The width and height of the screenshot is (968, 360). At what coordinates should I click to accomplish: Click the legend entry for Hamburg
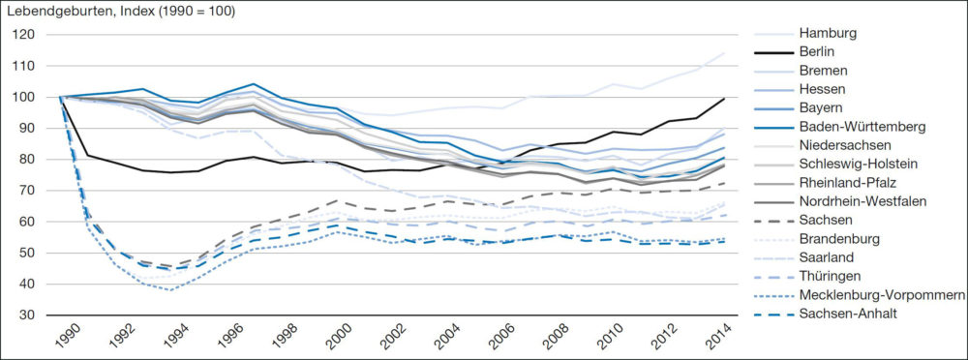click(x=830, y=33)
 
